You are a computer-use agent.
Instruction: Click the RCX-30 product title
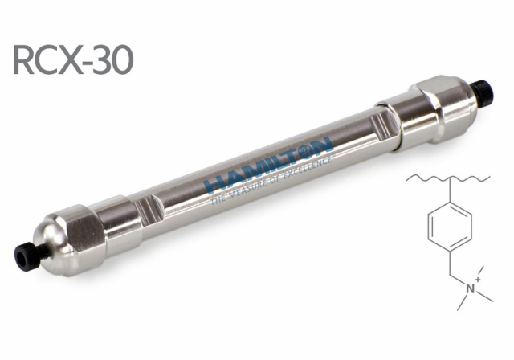coord(73,60)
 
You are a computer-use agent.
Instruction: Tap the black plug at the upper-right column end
coord(483,92)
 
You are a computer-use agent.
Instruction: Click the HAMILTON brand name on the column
coord(267,164)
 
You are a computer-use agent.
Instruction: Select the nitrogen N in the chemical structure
coord(471,288)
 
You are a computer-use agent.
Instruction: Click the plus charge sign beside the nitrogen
coord(479,280)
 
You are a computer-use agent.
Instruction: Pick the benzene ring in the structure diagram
coord(450,227)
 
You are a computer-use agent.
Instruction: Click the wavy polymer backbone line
coord(448,178)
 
